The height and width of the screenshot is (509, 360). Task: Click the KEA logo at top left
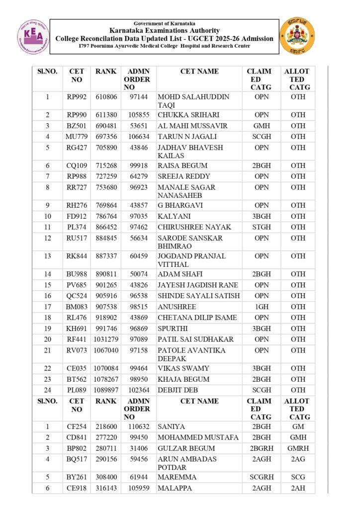pos(34,36)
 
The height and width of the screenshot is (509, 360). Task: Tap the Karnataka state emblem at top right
pos(297,36)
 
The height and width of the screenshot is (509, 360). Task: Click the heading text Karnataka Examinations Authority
pos(164,31)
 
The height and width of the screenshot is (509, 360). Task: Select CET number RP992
pos(77,97)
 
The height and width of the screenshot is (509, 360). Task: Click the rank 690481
pos(106,126)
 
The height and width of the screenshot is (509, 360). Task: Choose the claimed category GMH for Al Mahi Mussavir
pos(262,126)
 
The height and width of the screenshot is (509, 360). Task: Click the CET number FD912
pos(77,216)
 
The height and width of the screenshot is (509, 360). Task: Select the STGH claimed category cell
pos(262,227)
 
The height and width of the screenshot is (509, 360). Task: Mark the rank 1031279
pos(106,339)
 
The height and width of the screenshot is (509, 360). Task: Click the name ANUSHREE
pos(177,307)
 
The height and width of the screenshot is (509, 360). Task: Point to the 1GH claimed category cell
pos(262,307)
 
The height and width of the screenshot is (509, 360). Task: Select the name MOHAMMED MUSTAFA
pos(198,437)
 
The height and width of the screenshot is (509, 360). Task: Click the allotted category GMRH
pos(298,448)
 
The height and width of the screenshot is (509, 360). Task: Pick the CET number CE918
pos(77,488)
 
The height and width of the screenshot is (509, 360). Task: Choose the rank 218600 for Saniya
pos(106,426)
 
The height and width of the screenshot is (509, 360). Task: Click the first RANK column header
pos(106,72)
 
